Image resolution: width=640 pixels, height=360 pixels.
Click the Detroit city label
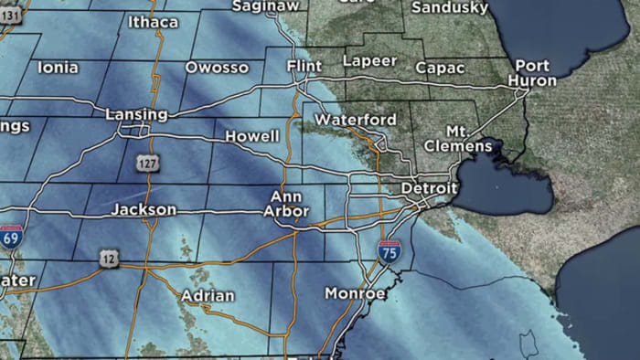pyautogui.click(x=428, y=188)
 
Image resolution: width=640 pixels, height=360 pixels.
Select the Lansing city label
pyautogui.click(x=137, y=114)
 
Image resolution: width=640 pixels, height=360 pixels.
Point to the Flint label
pyautogui.click(x=304, y=68)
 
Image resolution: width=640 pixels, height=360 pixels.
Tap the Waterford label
pyautogui.click(x=356, y=120)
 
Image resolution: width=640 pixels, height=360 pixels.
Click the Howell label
pyautogui.click(x=252, y=136)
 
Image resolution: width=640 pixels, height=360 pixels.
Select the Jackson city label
pyautogui.click(x=144, y=209)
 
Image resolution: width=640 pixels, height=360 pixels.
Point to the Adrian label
pyautogui.click(x=208, y=295)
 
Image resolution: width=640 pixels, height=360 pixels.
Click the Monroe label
pyautogui.click(x=356, y=293)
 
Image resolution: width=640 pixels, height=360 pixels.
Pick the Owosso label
pyautogui.click(x=217, y=68)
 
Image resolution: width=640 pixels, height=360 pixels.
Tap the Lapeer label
pyautogui.click(x=370, y=61)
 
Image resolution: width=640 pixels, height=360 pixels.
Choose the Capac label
pyautogui.click(x=441, y=68)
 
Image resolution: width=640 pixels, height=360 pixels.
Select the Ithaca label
pyautogui.click(x=153, y=22)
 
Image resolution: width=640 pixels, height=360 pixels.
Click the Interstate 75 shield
pyautogui.click(x=389, y=252)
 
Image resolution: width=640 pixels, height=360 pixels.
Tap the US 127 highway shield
pyautogui.click(x=147, y=163)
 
